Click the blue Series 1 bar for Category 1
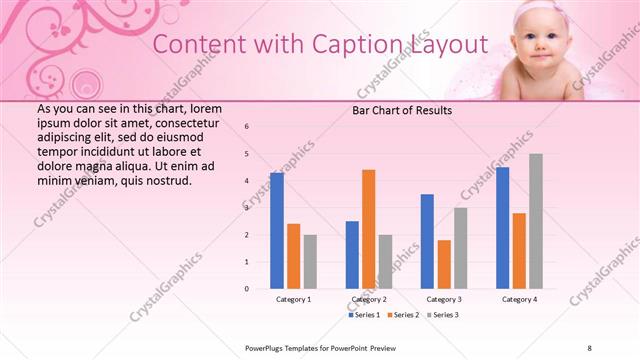click(277, 231)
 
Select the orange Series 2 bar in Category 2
click(368, 229)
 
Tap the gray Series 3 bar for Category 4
click(536, 221)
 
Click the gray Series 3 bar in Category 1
click(310, 262)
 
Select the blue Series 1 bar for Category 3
click(427, 241)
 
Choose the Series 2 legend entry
click(404, 315)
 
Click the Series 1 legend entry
click(364, 315)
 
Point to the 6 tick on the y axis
click(247, 127)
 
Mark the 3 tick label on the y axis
click(247, 208)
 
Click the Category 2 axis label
click(369, 299)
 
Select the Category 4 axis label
click(519, 299)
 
